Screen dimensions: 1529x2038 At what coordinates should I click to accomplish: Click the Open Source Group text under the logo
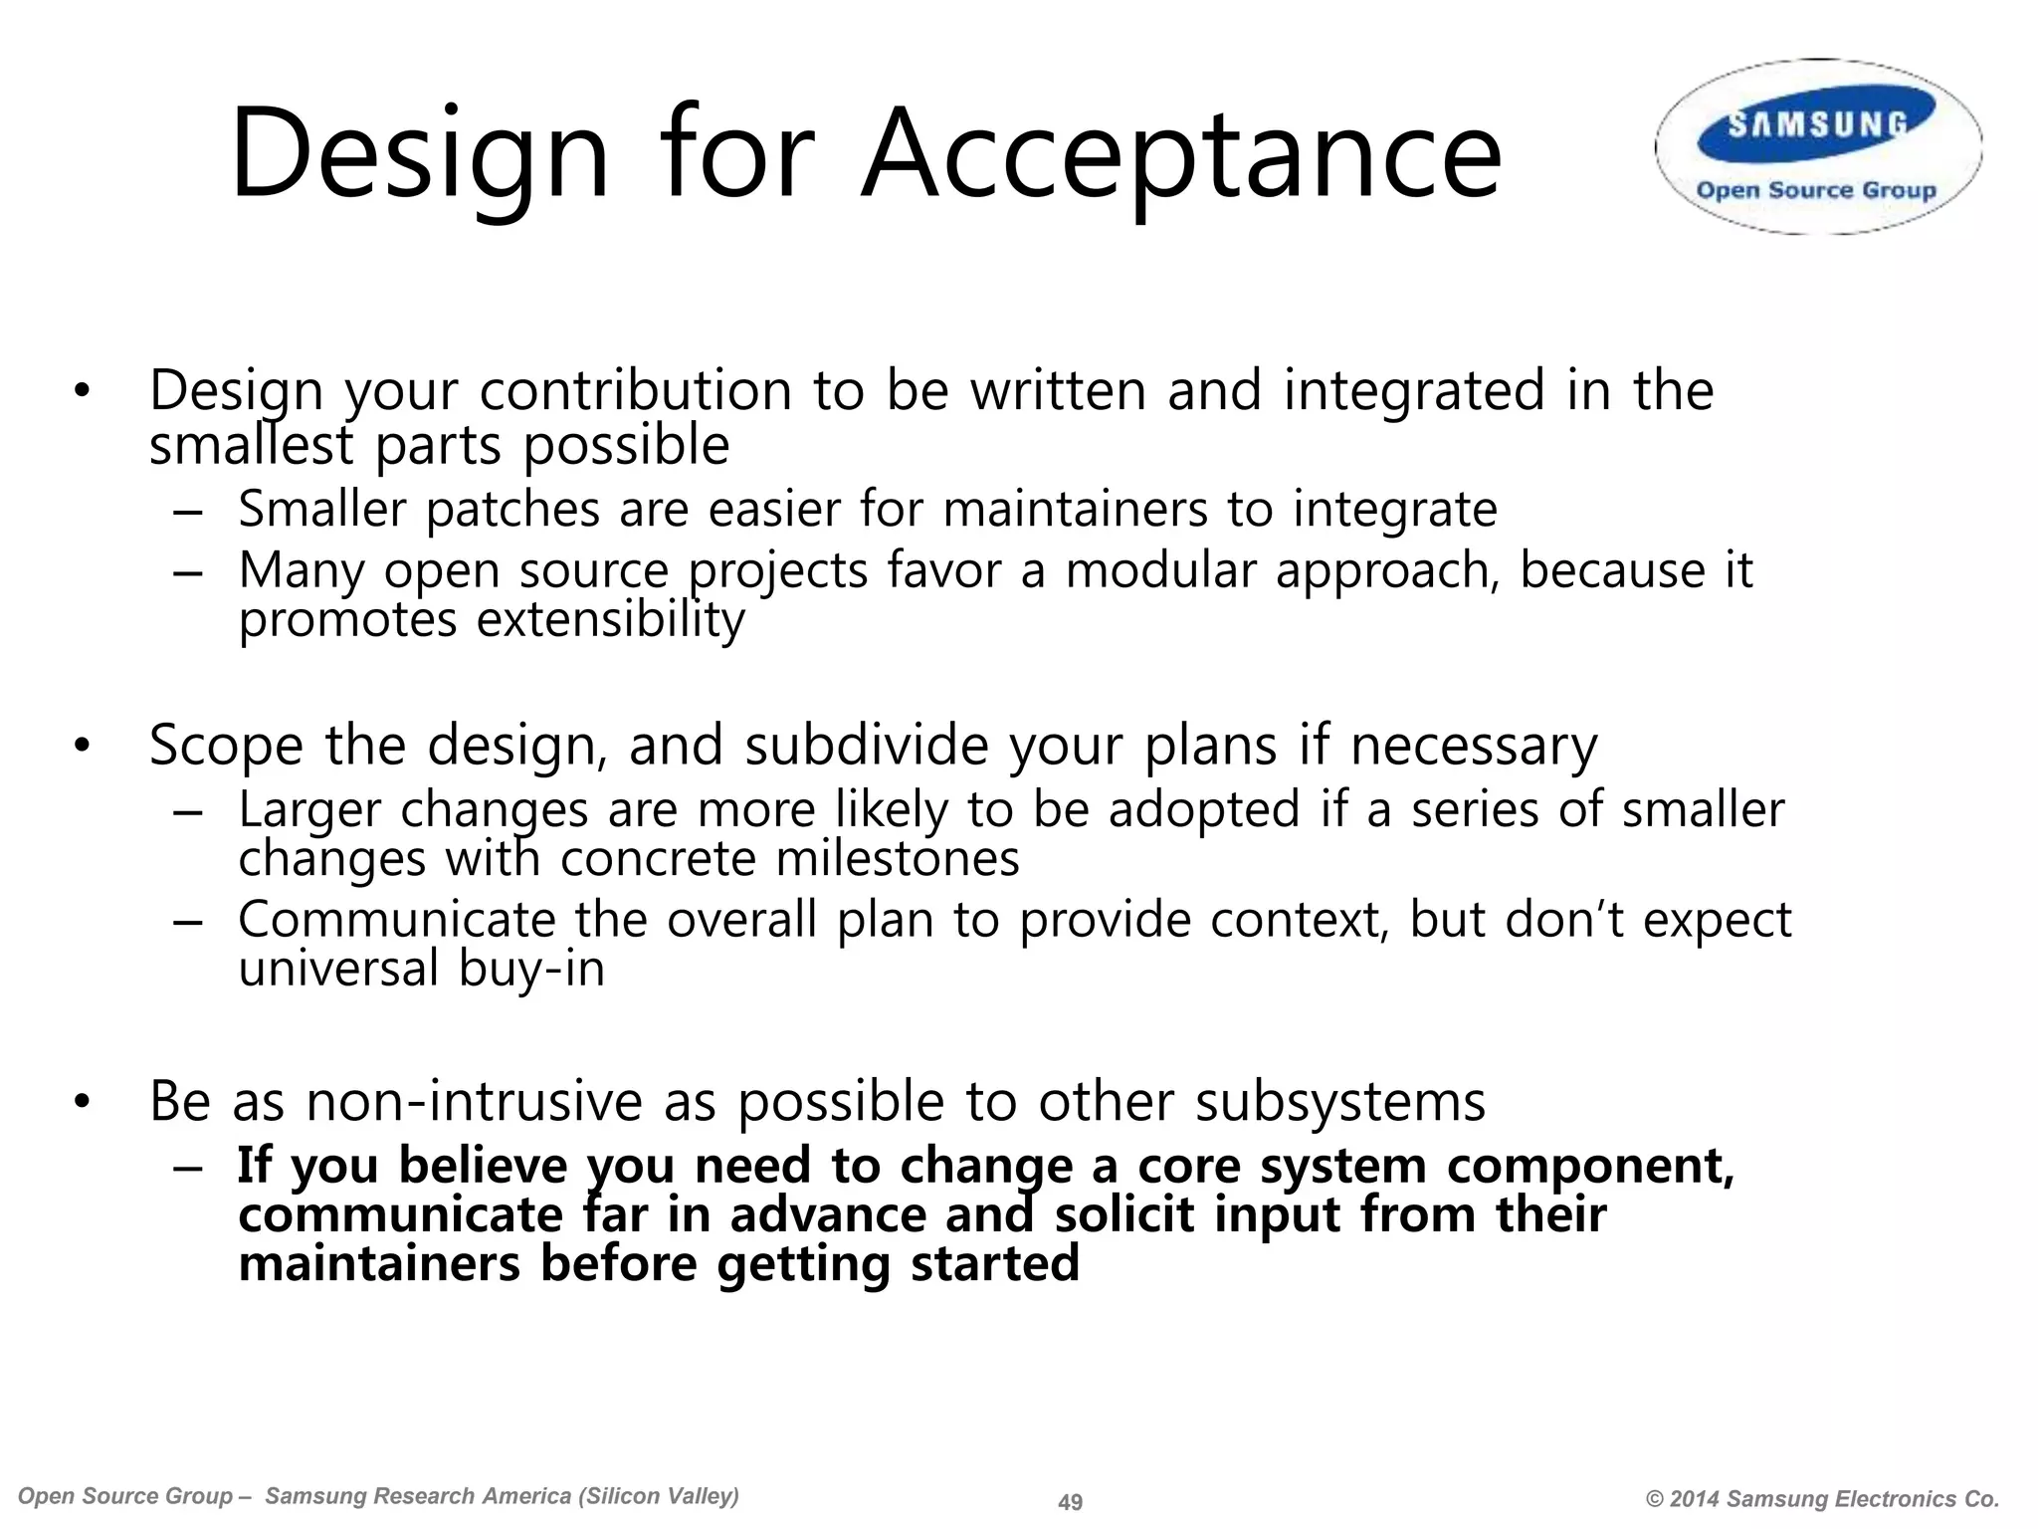(x=1816, y=190)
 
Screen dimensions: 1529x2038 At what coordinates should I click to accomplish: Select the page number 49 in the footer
(x=1070, y=1502)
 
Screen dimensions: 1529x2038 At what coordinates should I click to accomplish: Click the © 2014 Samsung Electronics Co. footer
(x=1822, y=1499)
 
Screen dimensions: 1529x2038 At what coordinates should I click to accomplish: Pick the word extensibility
(x=610, y=620)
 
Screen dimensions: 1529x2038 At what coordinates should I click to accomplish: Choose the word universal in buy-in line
(x=338, y=969)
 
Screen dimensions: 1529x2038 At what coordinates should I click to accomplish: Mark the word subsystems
(x=1339, y=1101)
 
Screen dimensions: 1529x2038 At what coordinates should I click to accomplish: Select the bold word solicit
(x=1124, y=1214)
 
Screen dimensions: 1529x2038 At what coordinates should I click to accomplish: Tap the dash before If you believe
(x=187, y=1168)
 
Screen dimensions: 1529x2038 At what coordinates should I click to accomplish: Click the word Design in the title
(x=418, y=157)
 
